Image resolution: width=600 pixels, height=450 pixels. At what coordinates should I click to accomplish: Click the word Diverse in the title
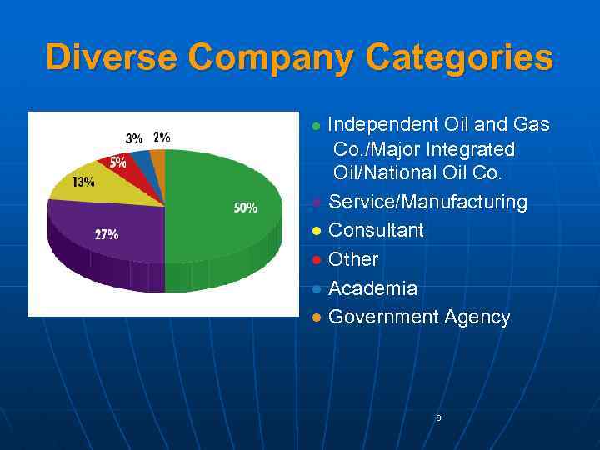point(112,58)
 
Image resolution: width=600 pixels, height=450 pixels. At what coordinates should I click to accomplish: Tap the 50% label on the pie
point(245,208)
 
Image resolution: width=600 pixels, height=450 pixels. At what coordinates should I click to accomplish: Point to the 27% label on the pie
point(106,235)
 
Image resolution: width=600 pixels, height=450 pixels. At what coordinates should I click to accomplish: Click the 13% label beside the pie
point(83,182)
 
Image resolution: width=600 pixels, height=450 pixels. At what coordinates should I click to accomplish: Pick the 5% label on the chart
point(117,162)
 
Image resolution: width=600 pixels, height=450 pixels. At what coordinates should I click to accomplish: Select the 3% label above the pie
point(133,138)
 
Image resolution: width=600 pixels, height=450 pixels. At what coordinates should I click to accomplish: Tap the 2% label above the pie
point(162,137)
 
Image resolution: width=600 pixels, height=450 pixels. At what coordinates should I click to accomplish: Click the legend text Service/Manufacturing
point(427,202)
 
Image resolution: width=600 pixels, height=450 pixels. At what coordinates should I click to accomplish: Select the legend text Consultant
point(376,230)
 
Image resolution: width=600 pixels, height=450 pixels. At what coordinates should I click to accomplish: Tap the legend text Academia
point(372,288)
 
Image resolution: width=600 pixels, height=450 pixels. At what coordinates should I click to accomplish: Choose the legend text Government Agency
point(419,317)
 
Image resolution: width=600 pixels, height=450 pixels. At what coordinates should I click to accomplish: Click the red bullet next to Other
point(316,261)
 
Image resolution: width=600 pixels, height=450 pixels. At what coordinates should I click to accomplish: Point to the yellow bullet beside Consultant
point(316,232)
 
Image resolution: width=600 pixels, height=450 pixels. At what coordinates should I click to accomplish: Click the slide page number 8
point(438,417)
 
